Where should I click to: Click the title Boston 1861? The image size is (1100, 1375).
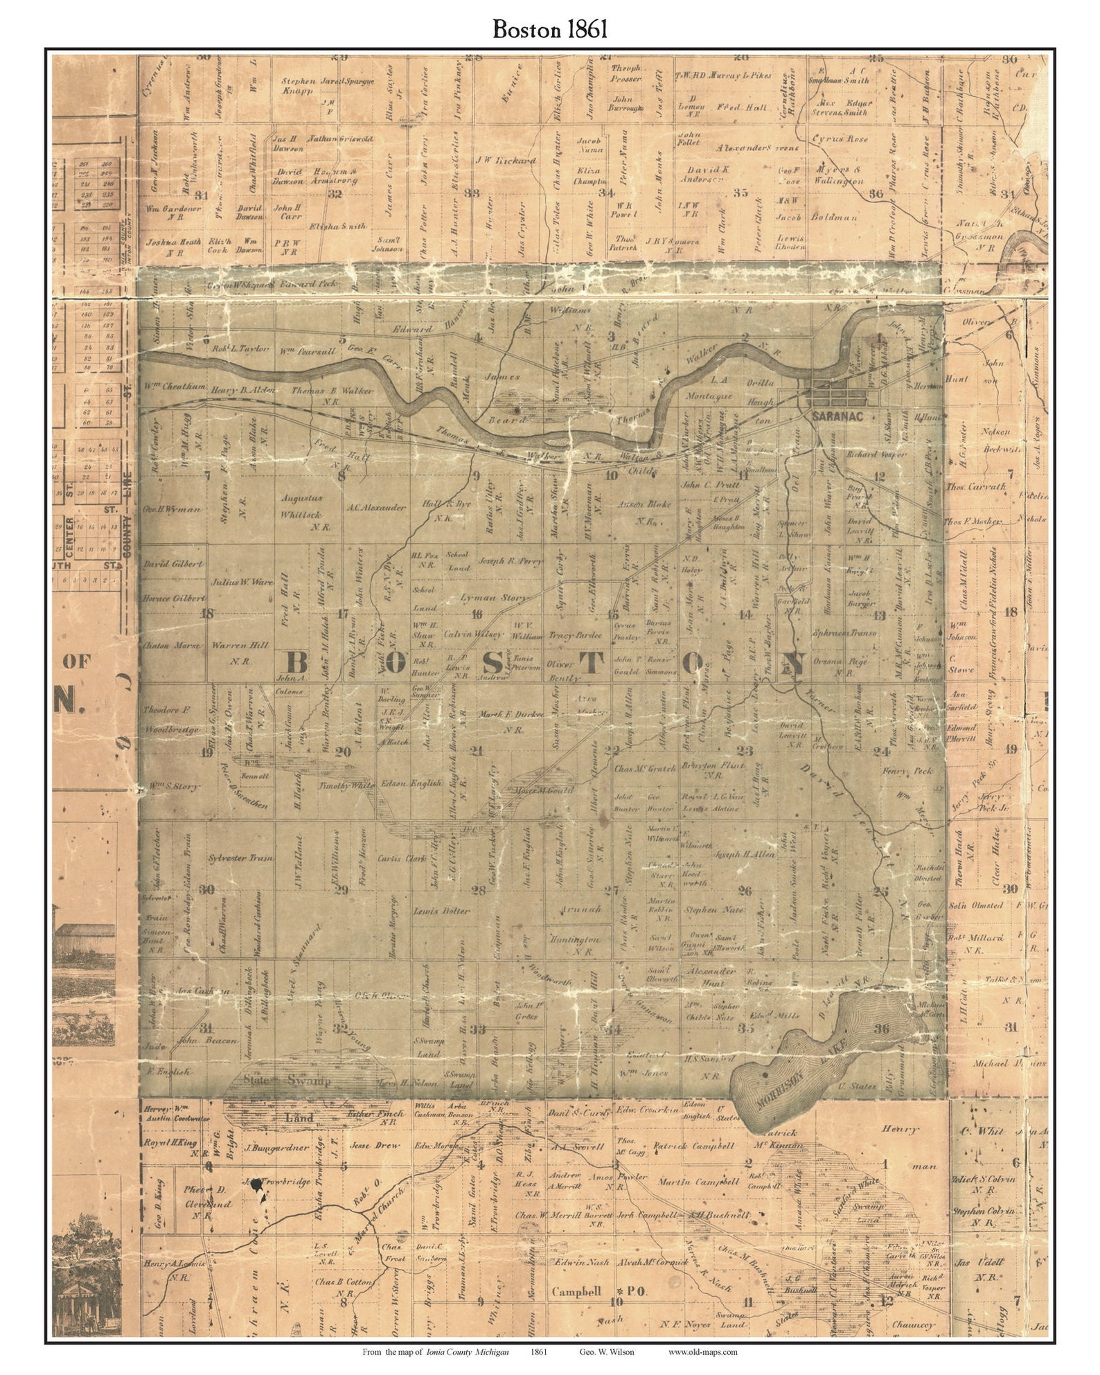[550, 28]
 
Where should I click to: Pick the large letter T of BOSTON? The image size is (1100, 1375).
[591, 663]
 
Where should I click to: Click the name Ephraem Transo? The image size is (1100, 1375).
[846, 633]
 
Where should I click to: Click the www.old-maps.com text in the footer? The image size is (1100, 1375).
[702, 1351]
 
